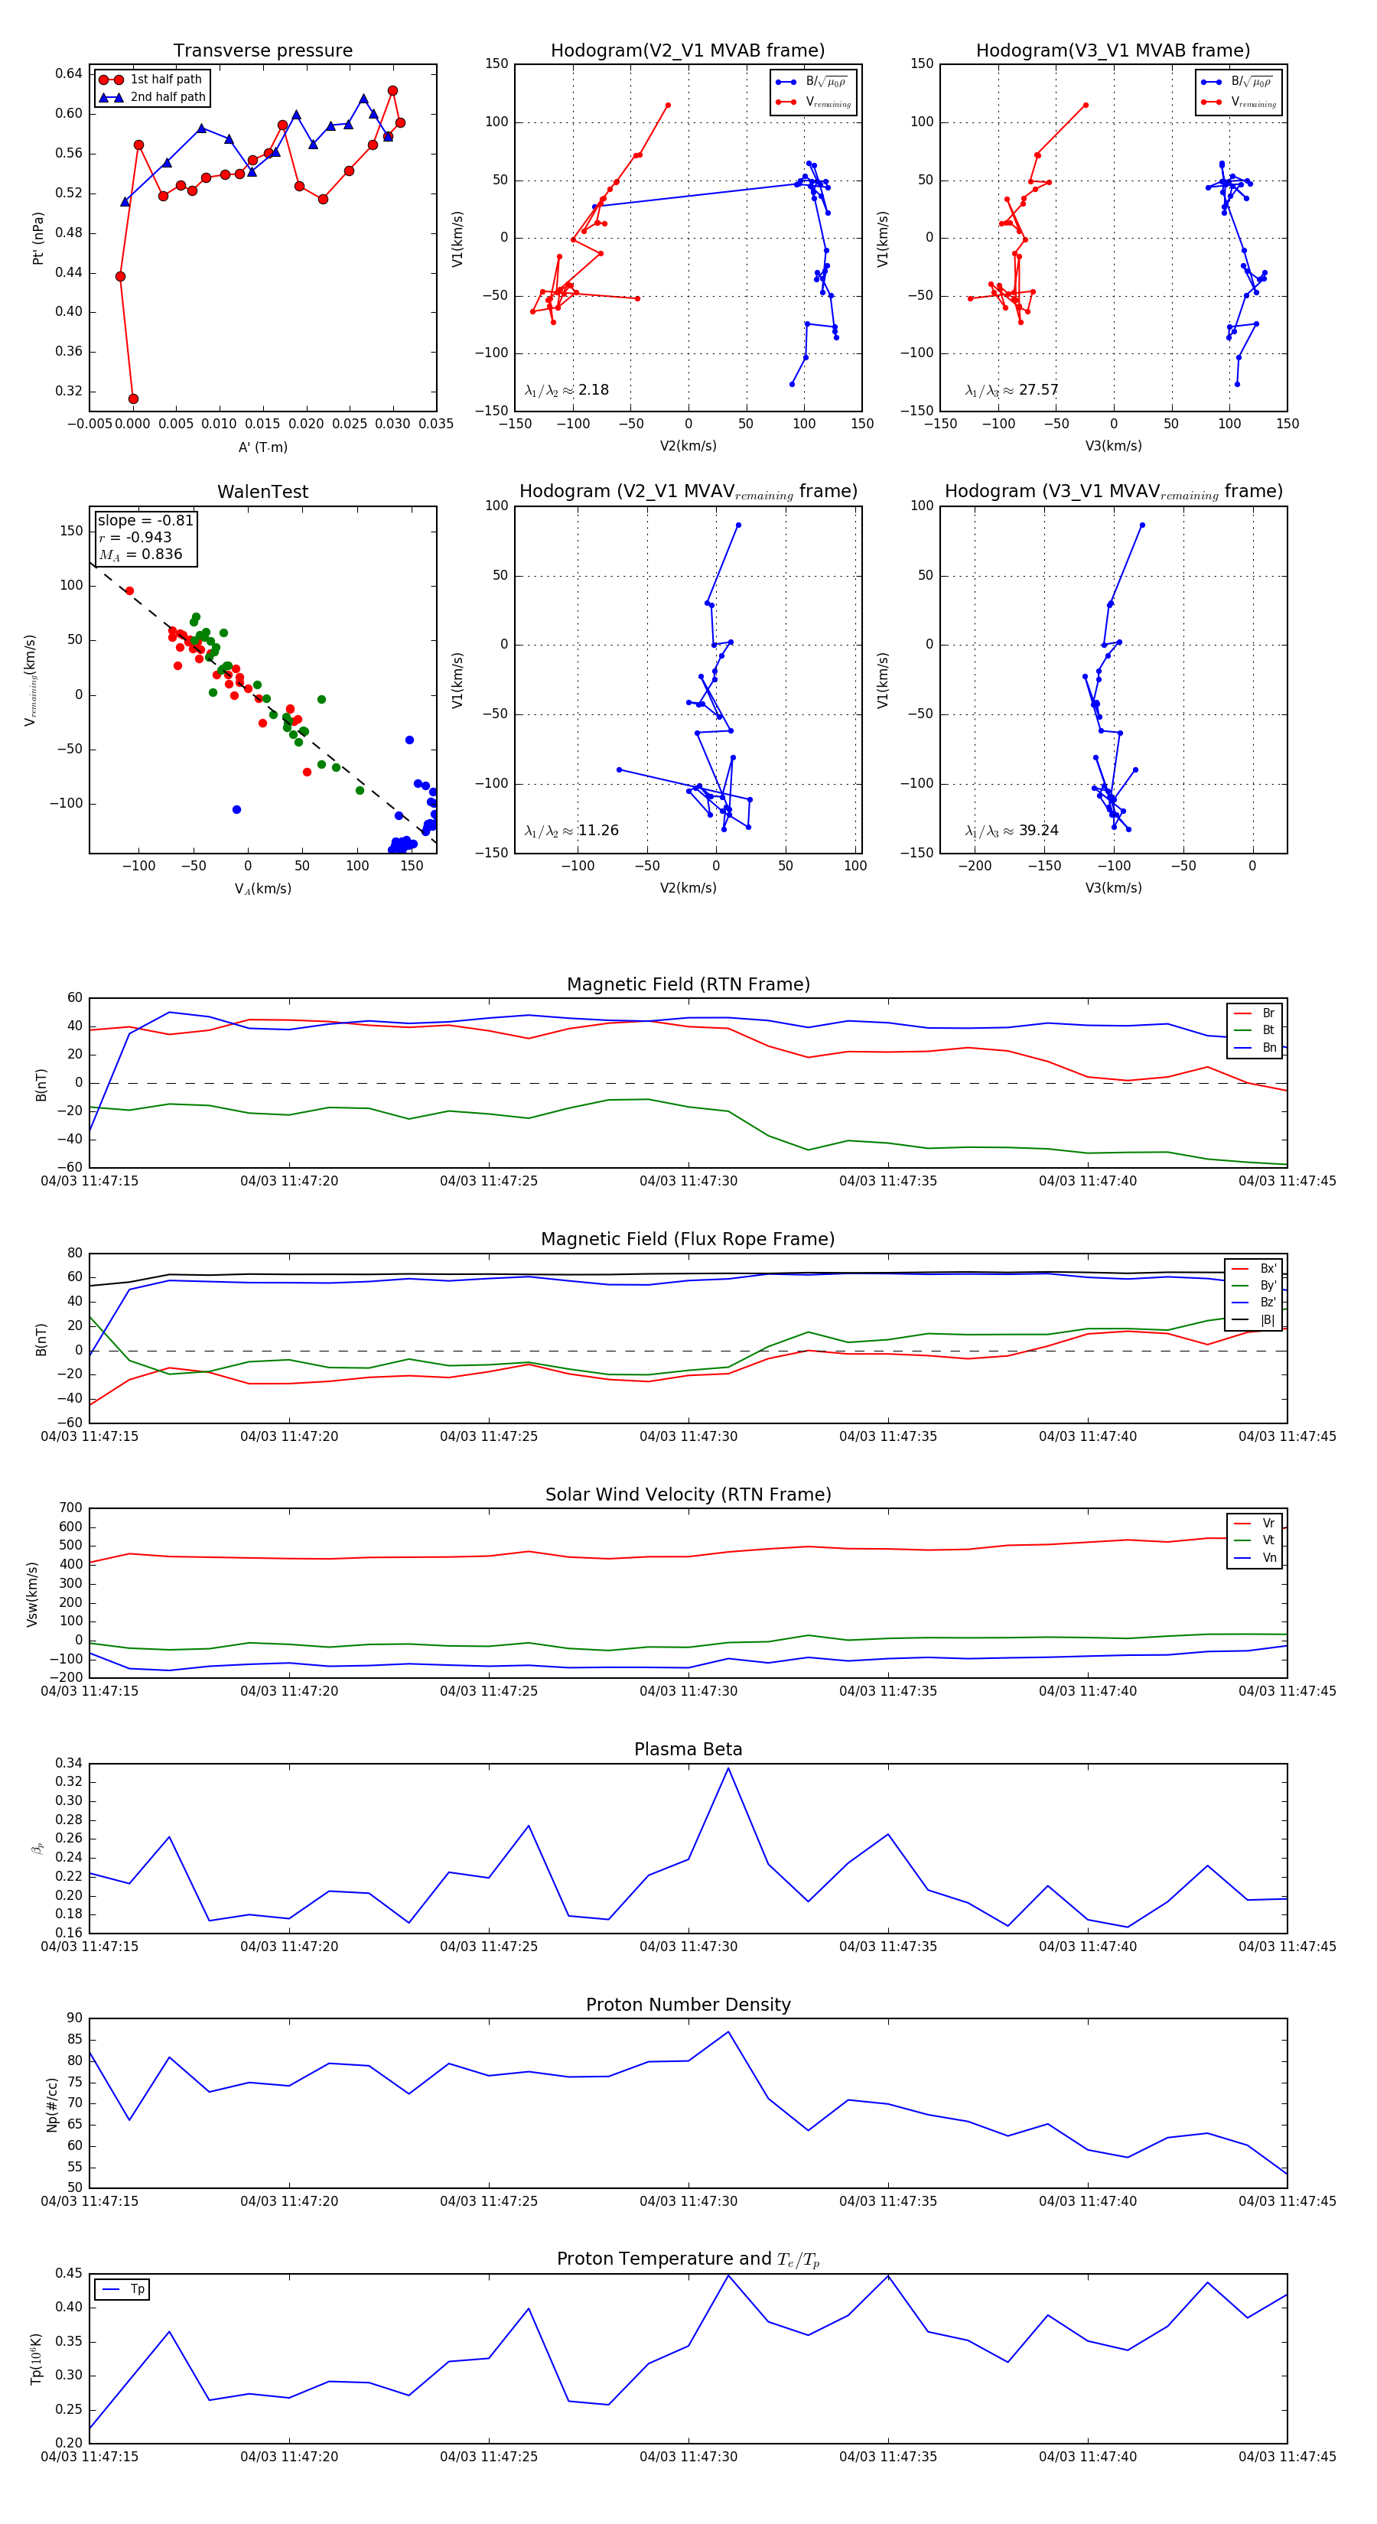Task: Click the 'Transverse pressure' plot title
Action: click(x=262, y=51)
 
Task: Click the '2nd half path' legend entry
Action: click(x=168, y=97)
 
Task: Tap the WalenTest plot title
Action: click(x=262, y=492)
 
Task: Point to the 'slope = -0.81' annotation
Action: click(x=145, y=520)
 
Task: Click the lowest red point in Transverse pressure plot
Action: click(x=133, y=398)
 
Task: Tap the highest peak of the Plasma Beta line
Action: click(x=728, y=1768)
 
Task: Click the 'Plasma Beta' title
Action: click(x=688, y=1749)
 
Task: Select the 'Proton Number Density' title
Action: click(x=688, y=2005)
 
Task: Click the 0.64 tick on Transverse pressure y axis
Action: click(x=69, y=73)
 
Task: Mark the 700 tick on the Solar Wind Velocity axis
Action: click(x=70, y=1508)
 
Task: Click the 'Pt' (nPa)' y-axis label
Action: click(x=38, y=238)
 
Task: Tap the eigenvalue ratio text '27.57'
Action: click(x=1038, y=390)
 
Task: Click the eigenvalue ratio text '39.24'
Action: click(x=1038, y=831)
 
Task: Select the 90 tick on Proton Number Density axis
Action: click(x=74, y=2018)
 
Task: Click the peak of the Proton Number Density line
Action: click(x=728, y=2031)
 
